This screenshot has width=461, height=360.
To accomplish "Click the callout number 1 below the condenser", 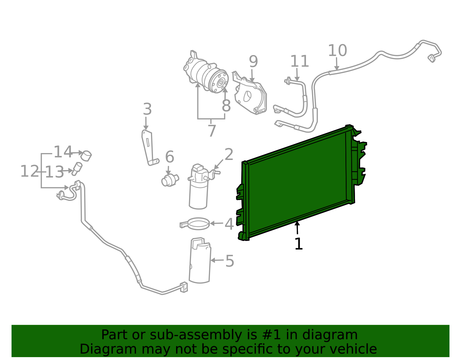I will pyautogui.click(x=298, y=244).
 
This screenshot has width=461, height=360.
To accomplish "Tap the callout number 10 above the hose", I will pyautogui.click(x=337, y=51).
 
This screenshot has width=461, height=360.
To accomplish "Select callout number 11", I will pyautogui.click(x=299, y=61).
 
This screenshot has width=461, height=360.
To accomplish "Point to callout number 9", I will pyautogui.click(x=253, y=62).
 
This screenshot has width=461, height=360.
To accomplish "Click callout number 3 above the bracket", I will pyautogui.click(x=147, y=110).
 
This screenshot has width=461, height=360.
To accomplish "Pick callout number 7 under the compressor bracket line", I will pyautogui.click(x=212, y=131).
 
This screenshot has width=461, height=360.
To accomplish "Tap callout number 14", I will pyautogui.click(x=63, y=152).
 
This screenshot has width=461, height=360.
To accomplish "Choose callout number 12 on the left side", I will pyautogui.click(x=29, y=171).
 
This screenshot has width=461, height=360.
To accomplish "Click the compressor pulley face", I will pyautogui.click(x=220, y=82).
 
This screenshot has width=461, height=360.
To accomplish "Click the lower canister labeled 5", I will pyautogui.click(x=200, y=261).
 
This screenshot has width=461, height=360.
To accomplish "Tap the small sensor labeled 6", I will pyautogui.click(x=169, y=181).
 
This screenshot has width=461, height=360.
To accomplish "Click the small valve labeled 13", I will pyautogui.click(x=77, y=168).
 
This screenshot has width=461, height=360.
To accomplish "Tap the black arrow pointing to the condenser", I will pyautogui.click(x=297, y=227).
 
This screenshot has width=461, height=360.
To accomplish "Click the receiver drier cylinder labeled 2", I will pyautogui.click(x=199, y=190).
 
